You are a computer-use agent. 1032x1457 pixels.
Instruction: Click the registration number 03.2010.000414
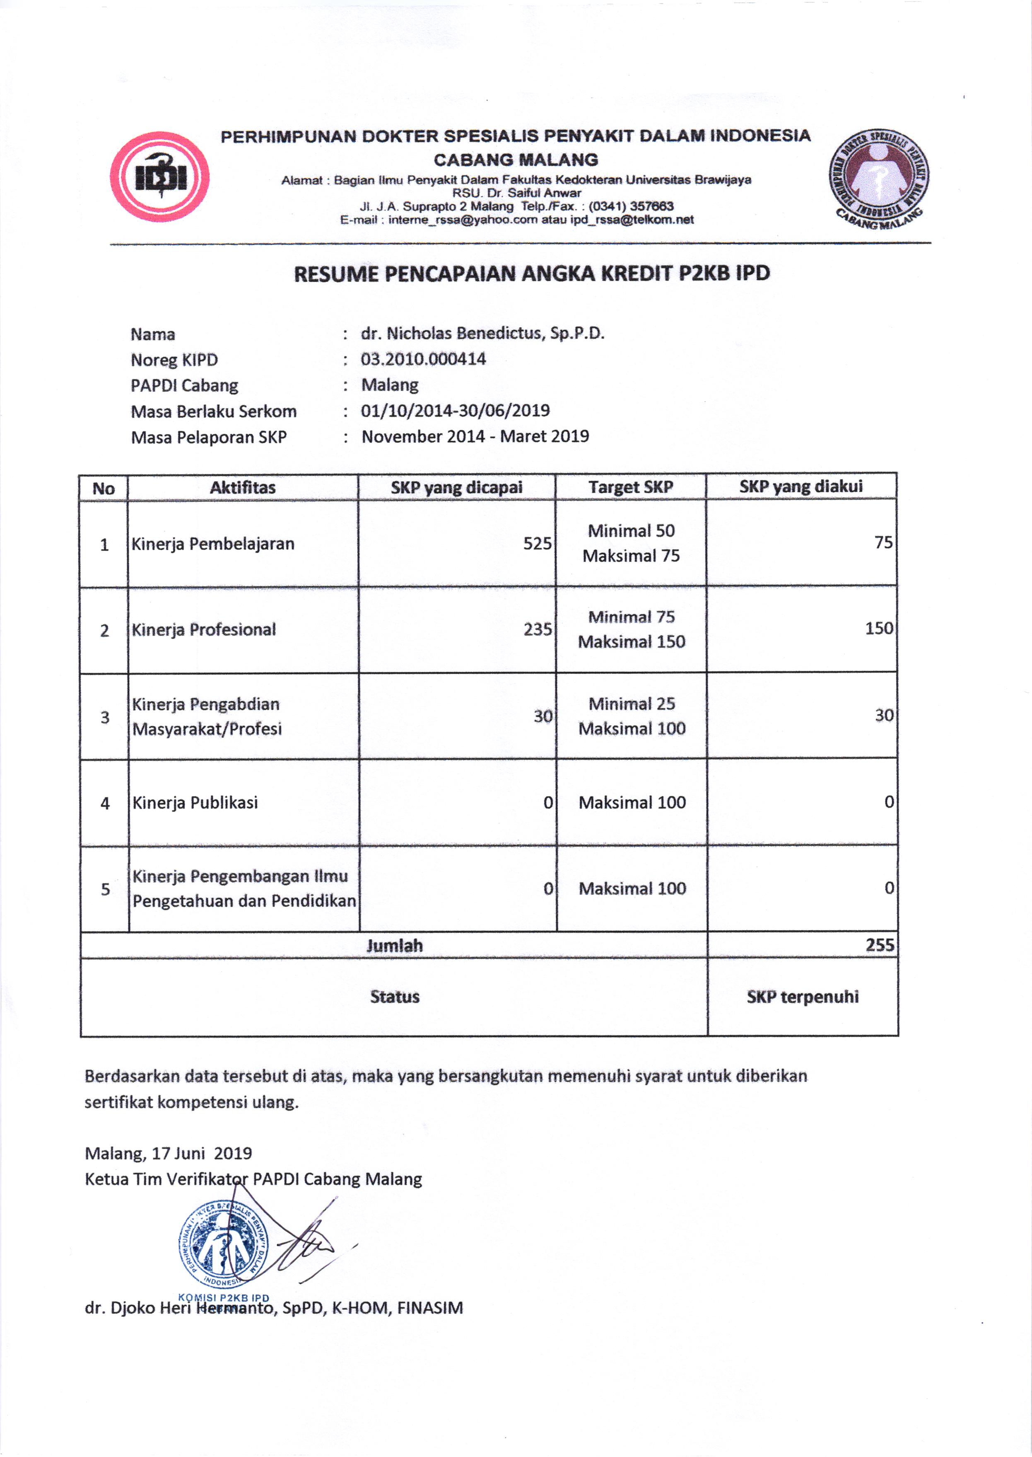pos(423,359)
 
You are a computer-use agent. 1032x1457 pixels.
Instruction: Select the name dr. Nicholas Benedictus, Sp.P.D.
pos(482,333)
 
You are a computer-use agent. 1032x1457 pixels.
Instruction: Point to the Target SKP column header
pos(630,487)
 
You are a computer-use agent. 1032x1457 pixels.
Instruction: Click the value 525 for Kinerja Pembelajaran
pos(537,544)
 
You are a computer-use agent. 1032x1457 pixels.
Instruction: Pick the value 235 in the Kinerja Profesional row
pos(537,629)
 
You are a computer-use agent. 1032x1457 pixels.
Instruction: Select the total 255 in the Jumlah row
pos(880,945)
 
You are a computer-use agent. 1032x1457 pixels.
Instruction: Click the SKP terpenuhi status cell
pos(802,996)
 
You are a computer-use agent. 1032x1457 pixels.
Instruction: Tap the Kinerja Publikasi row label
pos(195,802)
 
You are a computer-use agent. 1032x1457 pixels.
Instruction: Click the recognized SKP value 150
pos(879,628)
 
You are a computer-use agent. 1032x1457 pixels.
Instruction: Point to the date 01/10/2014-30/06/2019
pos(455,411)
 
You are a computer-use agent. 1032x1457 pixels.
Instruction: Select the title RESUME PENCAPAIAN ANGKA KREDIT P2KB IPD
pos(532,273)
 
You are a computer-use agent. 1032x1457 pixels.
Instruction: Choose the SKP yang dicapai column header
pos(456,488)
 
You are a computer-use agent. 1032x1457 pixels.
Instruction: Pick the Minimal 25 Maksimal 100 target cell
pos(632,716)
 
